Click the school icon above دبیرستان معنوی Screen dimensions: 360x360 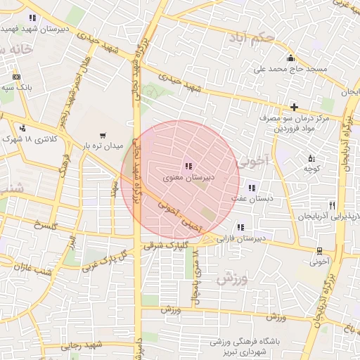pyautogui.click(x=188, y=167)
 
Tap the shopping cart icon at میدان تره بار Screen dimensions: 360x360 pyautogui.click(x=103, y=136)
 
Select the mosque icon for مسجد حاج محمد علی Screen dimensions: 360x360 pyautogui.click(x=290, y=58)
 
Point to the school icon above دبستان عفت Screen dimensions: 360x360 pyautogui.click(x=251, y=188)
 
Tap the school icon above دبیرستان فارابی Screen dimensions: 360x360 pyautogui.click(x=240, y=227)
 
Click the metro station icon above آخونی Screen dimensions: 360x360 pyautogui.click(x=320, y=250)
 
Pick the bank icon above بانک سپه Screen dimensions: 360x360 pyautogui.click(x=16, y=76)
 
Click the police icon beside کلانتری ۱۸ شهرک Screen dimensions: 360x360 pyautogui.click(x=23, y=128)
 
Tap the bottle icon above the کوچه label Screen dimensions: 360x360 pyautogui.click(x=311, y=157)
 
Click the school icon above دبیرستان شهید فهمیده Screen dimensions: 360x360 pyautogui.click(x=32, y=18)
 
